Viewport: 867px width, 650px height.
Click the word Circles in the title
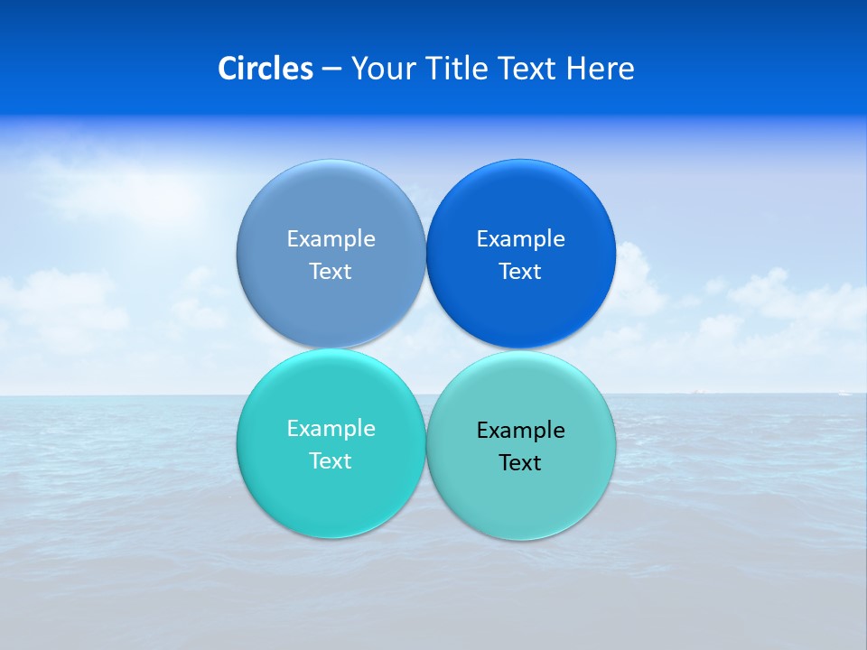[x=265, y=69]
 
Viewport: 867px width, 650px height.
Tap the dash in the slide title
[x=331, y=70]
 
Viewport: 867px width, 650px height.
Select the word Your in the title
[x=378, y=69]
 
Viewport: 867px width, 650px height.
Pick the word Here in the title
[x=601, y=69]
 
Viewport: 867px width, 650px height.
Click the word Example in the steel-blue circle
[x=331, y=239]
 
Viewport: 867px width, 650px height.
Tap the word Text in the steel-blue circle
[x=331, y=272]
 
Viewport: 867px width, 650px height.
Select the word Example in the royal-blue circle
[x=520, y=239]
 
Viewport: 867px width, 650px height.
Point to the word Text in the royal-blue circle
[x=520, y=272]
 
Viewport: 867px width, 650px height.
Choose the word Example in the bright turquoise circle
[x=331, y=429]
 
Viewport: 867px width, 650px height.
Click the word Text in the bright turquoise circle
[x=331, y=461]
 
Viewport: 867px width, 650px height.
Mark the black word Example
[x=520, y=431]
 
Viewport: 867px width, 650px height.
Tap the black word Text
[x=520, y=463]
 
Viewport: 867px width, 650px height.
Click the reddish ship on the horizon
[x=697, y=391]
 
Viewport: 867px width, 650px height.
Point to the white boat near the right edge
[x=844, y=393]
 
